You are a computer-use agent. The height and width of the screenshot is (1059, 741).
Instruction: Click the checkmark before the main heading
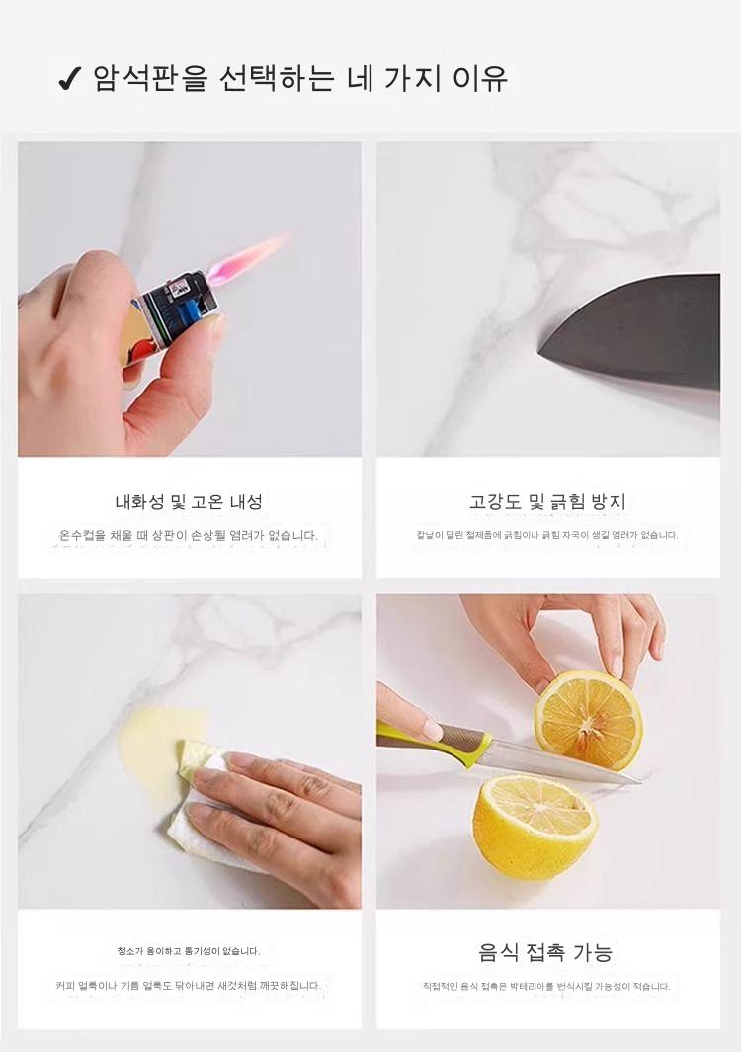(x=69, y=79)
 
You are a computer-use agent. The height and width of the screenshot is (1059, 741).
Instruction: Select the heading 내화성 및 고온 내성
(x=189, y=501)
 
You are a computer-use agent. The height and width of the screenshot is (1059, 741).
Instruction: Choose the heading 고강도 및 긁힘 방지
(x=548, y=501)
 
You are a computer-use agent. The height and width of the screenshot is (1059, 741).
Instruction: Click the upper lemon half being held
(x=588, y=721)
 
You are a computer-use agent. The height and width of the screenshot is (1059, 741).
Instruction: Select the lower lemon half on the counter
(x=534, y=827)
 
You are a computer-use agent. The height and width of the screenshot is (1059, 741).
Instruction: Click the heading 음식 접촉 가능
(x=545, y=952)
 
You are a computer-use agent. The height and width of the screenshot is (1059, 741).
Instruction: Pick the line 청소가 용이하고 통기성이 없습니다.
(x=189, y=951)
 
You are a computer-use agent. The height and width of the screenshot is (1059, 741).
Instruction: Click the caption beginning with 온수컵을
(x=189, y=536)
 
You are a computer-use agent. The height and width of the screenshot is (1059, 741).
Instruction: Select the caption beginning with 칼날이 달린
(x=547, y=535)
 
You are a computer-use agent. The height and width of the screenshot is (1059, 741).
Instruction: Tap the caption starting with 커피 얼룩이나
(x=189, y=986)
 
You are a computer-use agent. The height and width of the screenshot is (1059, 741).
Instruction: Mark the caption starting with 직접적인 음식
(x=546, y=986)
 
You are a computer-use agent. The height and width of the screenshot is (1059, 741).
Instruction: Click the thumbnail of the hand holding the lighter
(x=190, y=300)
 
